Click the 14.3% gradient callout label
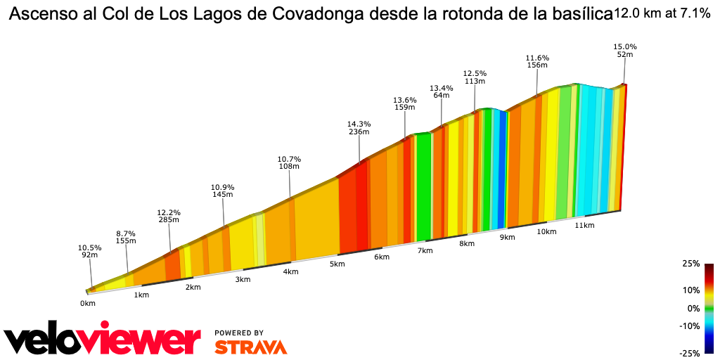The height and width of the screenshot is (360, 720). (359, 124)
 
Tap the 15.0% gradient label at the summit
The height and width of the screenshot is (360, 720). (625, 46)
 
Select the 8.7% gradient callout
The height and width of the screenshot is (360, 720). (126, 233)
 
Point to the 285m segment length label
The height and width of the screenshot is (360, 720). (169, 220)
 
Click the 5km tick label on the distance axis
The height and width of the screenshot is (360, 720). (337, 264)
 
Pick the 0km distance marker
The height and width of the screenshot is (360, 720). (87, 303)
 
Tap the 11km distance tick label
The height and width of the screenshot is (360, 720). (584, 225)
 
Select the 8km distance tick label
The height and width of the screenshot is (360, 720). (466, 244)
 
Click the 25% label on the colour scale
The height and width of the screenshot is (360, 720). (690, 264)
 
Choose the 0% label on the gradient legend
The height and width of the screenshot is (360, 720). (693, 308)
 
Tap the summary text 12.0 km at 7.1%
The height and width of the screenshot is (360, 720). (662, 13)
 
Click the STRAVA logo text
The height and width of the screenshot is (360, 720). (250, 347)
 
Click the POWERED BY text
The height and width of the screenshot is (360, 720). (239, 333)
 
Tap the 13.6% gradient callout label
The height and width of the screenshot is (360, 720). (404, 100)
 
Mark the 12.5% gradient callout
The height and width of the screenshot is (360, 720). (475, 73)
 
